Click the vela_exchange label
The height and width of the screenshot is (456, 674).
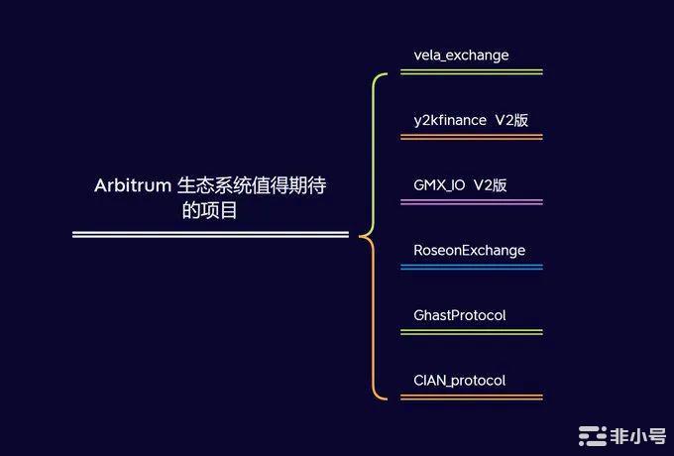(461, 56)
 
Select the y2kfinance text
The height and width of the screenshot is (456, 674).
(450, 120)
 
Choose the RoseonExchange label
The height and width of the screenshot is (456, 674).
(469, 250)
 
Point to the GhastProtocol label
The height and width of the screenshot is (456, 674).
(459, 315)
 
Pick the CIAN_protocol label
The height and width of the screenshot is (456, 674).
(459, 381)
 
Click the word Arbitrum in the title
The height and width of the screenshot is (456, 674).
(132, 185)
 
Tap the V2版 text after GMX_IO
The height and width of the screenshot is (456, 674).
(490, 185)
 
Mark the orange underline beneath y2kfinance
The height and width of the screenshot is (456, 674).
(472, 137)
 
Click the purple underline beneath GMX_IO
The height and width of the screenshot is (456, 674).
(472, 202)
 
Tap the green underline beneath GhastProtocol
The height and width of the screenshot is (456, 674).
(472, 332)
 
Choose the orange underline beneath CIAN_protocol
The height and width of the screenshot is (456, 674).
(472, 398)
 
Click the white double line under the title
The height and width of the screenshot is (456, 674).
(210, 235)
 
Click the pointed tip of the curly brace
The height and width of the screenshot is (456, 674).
(360, 235)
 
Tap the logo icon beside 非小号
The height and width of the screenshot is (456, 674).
(593, 434)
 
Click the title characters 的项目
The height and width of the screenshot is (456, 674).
(210, 210)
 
